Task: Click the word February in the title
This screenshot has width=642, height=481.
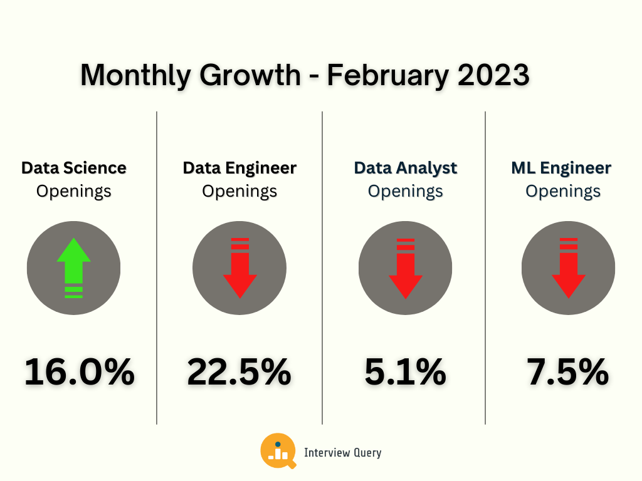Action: click(387, 76)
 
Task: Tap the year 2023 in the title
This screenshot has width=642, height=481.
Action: click(493, 76)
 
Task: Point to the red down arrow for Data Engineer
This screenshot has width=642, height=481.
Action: click(239, 267)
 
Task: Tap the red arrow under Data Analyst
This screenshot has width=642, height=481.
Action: click(405, 267)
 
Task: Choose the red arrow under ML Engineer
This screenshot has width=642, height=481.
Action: click(568, 267)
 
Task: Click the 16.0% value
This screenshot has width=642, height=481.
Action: click(80, 372)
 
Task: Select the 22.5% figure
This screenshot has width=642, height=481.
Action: click(239, 372)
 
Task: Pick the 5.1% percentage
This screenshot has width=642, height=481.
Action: click(405, 372)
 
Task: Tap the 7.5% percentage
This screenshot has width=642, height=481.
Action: click(568, 372)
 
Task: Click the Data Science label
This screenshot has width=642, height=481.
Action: click(73, 168)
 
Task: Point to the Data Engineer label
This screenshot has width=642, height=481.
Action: click(239, 168)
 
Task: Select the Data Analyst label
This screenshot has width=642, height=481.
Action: click(405, 168)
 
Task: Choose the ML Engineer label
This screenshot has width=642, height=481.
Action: click(561, 168)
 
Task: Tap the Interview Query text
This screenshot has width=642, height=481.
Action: click(342, 453)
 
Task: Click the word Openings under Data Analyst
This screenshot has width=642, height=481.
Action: click(405, 191)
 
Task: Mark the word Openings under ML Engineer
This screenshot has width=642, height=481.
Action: click(563, 191)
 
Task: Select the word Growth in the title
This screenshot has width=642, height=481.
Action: click(251, 76)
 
